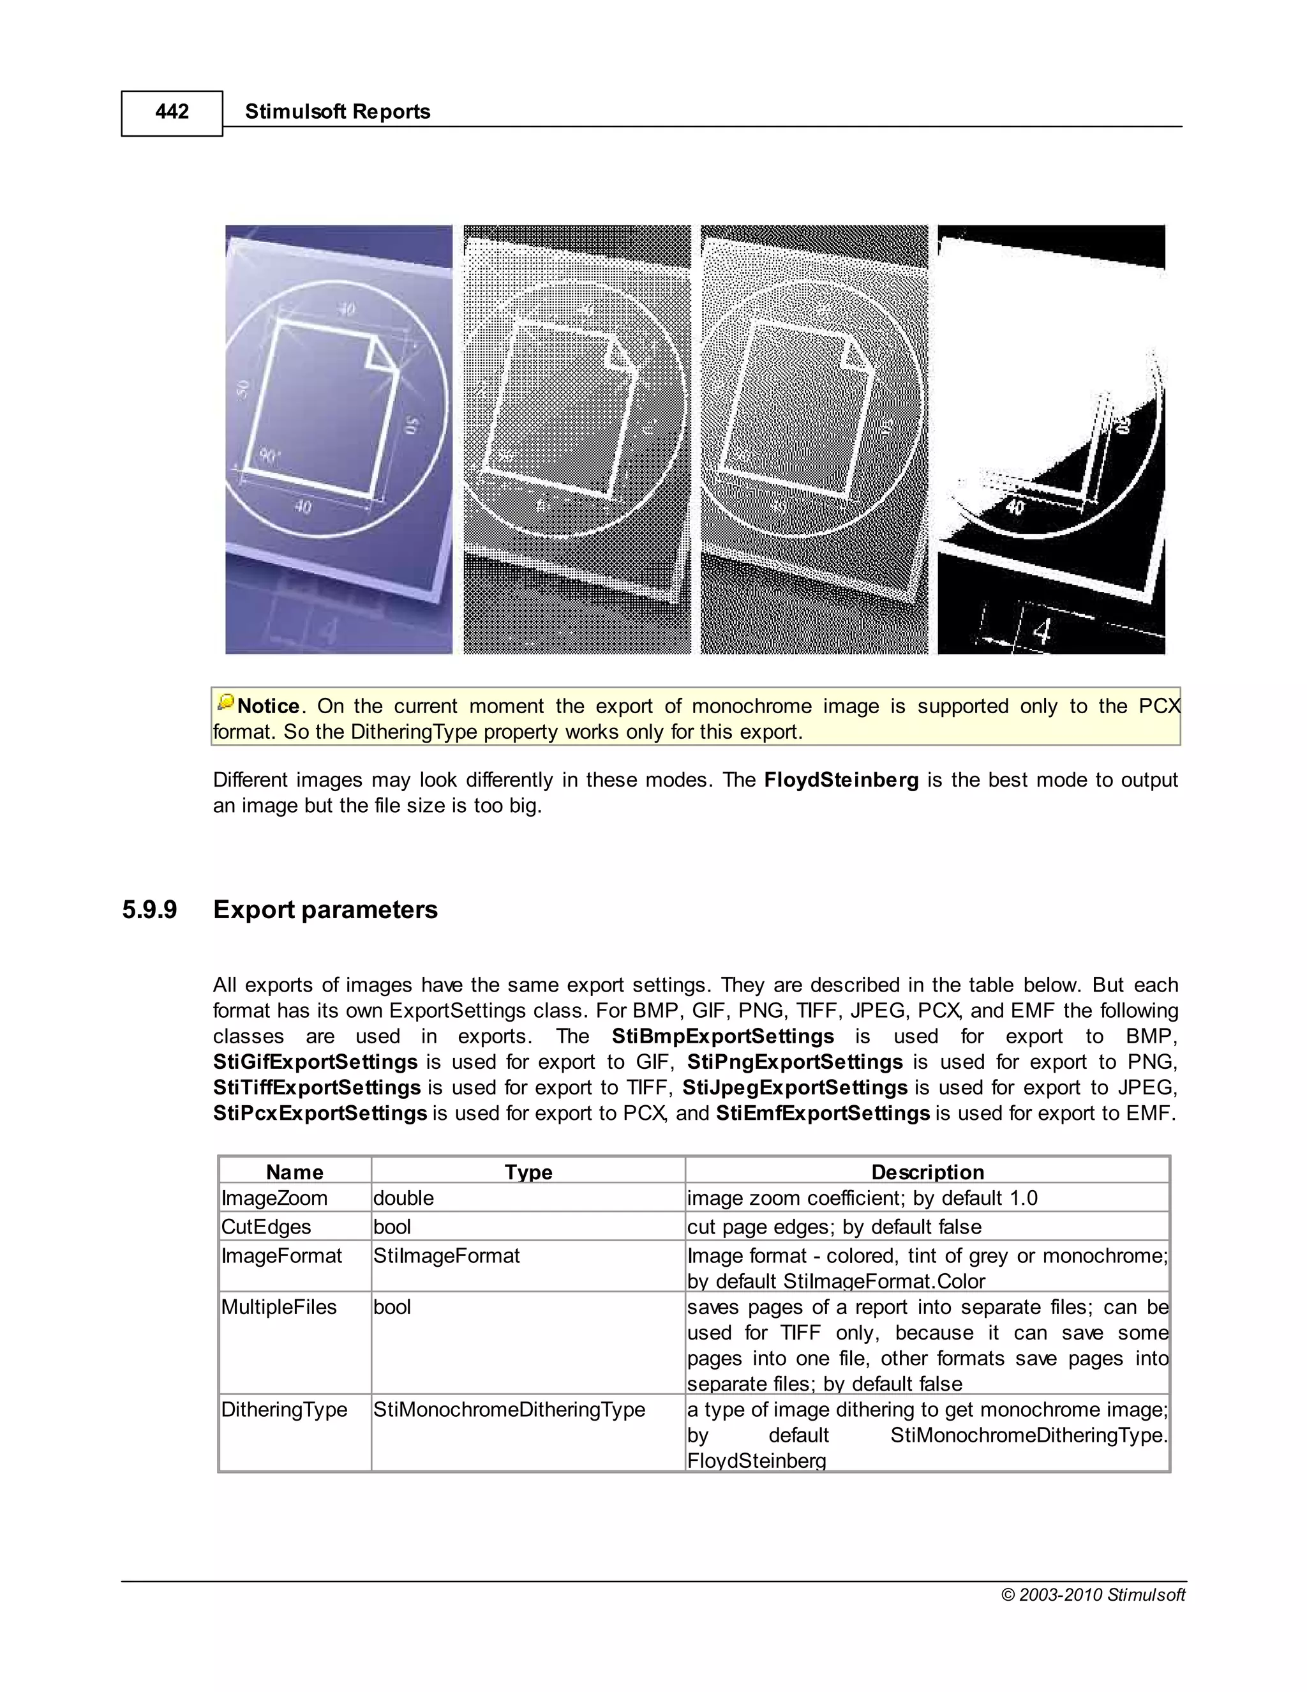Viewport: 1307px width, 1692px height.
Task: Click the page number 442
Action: click(172, 112)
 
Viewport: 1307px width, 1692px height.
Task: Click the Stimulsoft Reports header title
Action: click(337, 112)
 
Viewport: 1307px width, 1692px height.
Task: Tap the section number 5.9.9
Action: click(149, 909)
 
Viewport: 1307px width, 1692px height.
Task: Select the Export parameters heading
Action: click(325, 909)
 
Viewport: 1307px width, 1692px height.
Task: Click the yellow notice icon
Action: click(225, 703)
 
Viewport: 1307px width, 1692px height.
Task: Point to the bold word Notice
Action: click(268, 707)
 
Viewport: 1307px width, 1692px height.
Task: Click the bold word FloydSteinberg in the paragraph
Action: click(841, 780)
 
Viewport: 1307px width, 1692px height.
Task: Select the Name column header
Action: click(294, 1172)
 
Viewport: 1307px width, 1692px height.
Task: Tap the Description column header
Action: click(927, 1172)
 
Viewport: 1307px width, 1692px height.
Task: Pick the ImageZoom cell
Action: click(274, 1198)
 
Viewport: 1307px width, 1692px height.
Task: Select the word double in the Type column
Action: click(403, 1198)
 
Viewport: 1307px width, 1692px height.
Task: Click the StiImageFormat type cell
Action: click(446, 1256)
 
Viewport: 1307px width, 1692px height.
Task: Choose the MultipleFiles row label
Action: click(279, 1307)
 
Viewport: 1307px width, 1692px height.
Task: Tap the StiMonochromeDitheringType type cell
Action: click(509, 1409)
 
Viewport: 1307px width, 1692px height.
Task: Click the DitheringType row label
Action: click(284, 1409)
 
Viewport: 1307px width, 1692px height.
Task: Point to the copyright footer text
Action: click(1093, 1594)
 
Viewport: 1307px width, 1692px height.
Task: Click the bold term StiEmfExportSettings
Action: click(822, 1114)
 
